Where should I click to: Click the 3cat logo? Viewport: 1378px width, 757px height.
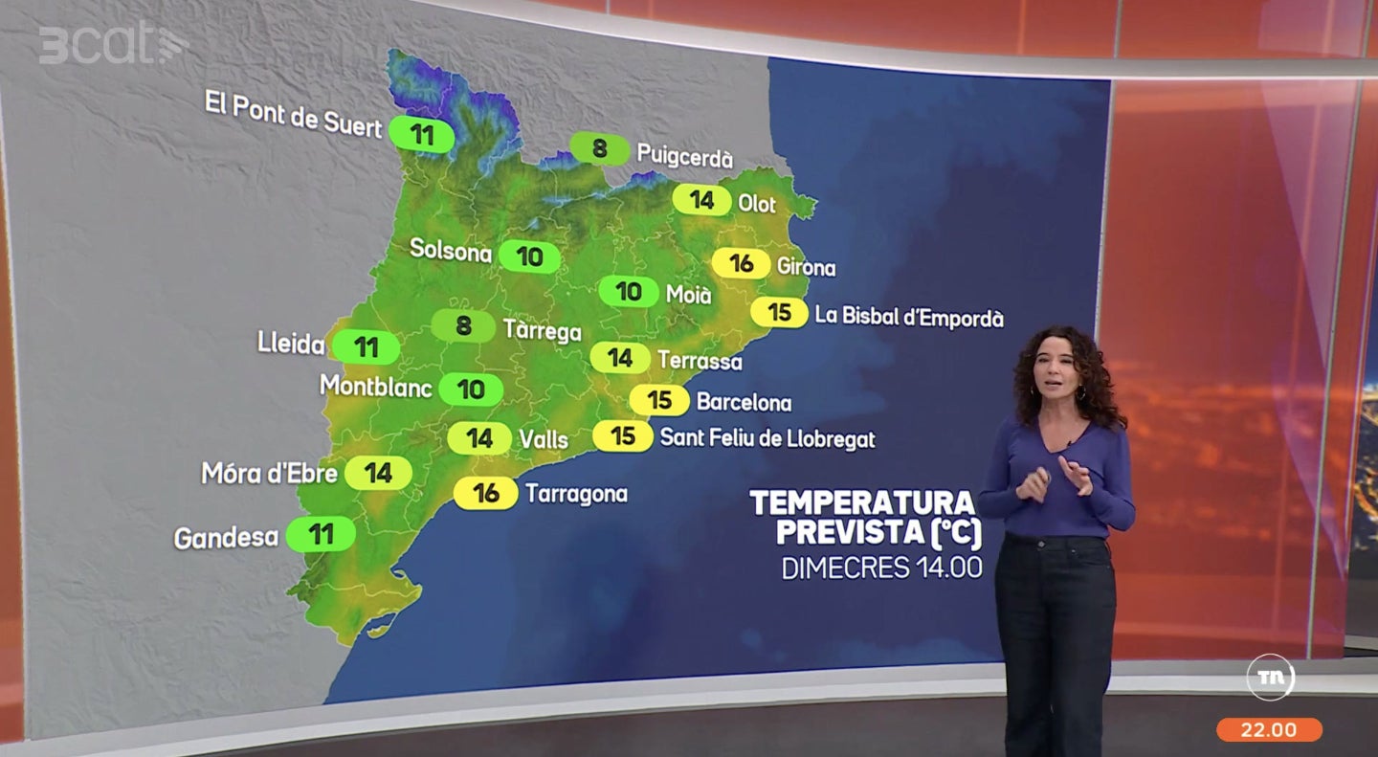(x=113, y=44)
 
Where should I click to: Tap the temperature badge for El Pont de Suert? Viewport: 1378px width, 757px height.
(x=423, y=133)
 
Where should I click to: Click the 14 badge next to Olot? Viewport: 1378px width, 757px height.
(x=702, y=200)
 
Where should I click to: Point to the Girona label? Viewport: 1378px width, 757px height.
(x=806, y=267)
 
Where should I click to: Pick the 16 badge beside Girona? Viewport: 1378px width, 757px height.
(x=742, y=263)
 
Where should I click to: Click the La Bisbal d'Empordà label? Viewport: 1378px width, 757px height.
(x=909, y=316)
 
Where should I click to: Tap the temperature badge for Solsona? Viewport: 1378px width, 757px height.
(x=529, y=256)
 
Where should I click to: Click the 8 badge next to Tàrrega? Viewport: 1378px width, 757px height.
(x=464, y=326)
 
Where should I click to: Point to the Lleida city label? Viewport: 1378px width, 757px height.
(x=291, y=345)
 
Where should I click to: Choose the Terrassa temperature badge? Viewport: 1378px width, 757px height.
(x=620, y=358)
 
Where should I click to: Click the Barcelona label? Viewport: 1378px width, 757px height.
(x=744, y=402)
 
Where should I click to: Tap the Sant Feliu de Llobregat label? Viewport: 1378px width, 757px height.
(x=767, y=438)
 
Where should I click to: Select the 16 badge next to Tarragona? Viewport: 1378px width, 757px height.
(x=486, y=493)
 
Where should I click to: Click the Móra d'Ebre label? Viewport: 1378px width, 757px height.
(x=269, y=473)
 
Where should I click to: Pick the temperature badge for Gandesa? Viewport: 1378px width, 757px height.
(x=322, y=534)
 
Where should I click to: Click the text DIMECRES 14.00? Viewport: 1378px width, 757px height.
(x=881, y=568)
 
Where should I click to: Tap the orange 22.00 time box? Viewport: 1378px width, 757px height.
(x=1269, y=730)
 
